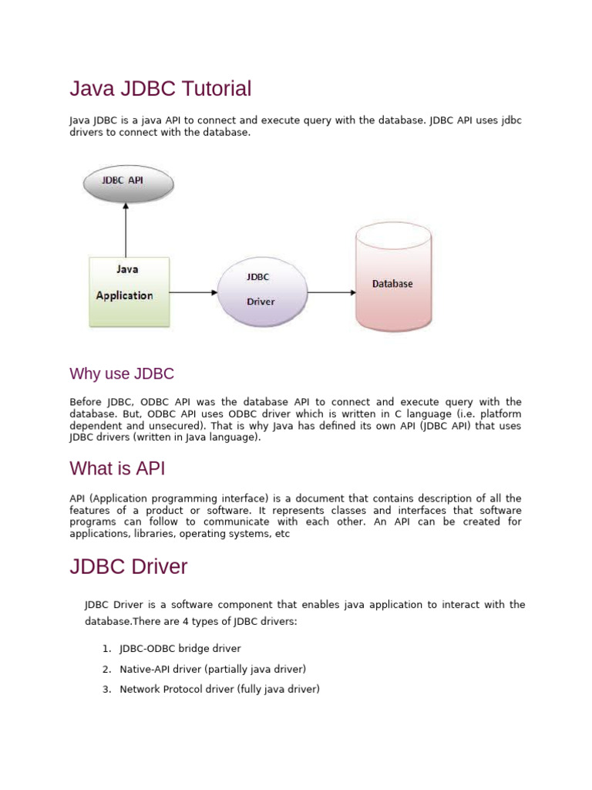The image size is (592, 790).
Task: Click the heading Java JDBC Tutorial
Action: (x=160, y=89)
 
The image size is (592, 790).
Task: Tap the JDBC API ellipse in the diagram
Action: (x=128, y=182)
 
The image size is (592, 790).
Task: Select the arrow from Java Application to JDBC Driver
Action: (x=193, y=292)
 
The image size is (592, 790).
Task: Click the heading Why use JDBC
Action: (x=122, y=374)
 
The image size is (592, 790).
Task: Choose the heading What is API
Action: (x=117, y=468)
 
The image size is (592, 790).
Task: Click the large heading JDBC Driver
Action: (x=129, y=567)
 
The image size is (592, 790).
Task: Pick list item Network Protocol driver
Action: (x=219, y=689)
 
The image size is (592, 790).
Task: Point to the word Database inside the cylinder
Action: (x=392, y=284)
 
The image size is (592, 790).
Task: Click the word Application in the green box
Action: (x=124, y=295)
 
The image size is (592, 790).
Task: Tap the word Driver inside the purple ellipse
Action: (x=261, y=302)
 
